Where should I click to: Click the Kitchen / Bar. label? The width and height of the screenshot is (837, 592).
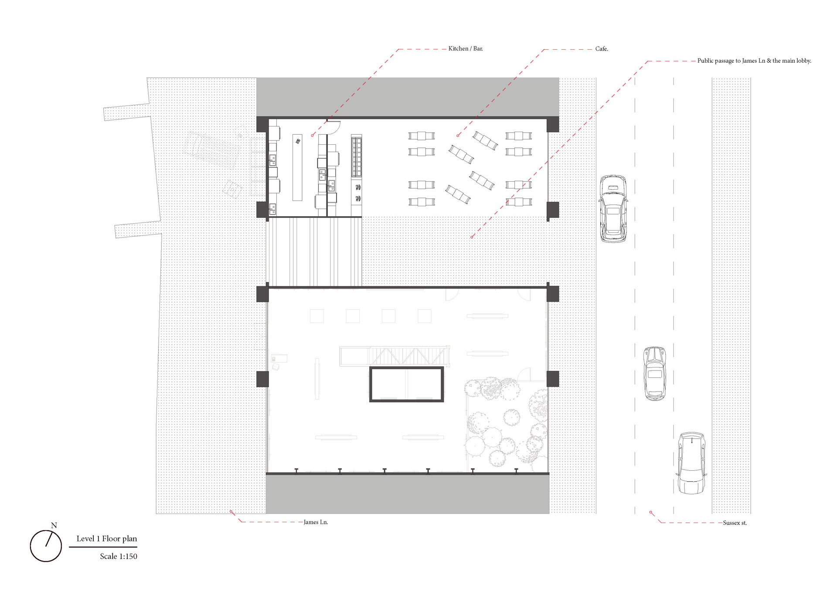(x=466, y=48)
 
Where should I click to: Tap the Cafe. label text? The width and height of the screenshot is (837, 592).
(x=602, y=49)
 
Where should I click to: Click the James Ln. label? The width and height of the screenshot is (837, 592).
(x=316, y=522)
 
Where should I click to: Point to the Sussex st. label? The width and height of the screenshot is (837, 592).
(x=735, y=523)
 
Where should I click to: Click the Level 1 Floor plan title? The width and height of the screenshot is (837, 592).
(x=107, y=539)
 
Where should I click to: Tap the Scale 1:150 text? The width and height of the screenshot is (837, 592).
(x=119, y=556)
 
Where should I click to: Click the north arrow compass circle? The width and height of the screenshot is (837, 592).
(x=31, y=546)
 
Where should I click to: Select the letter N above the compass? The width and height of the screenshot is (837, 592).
(x=54, y=525)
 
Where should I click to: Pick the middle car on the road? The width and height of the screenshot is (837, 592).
(x=655, y=374)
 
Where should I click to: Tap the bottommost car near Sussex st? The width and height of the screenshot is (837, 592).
(x=691, y=463)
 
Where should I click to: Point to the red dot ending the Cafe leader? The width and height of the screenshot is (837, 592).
(x=458, y=136)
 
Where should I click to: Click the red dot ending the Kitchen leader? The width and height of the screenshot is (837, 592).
(x=312, y=136)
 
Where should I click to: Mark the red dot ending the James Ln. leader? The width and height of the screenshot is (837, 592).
(x=231, y=512)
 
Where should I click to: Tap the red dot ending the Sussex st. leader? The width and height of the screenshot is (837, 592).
(x=650, y=512)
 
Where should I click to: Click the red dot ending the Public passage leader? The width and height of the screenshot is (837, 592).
(x=472, y=237)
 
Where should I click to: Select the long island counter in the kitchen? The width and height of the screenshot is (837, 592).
(x=297, y=167)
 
